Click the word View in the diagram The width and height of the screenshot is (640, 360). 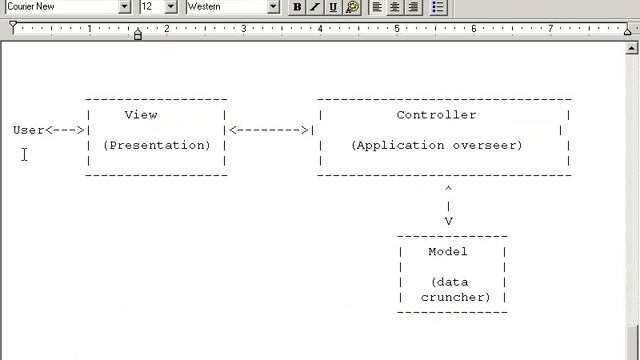141,115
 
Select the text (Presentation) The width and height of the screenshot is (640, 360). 157,145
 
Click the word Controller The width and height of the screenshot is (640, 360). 436,115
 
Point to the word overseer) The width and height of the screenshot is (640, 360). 487,145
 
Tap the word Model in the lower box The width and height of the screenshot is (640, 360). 448,252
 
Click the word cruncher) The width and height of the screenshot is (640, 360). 455,297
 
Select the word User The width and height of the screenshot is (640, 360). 29,130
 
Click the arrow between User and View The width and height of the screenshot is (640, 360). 66,130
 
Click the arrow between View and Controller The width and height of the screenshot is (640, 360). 269,130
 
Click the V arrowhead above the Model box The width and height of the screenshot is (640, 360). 449,222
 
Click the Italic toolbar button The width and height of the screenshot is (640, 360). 315,7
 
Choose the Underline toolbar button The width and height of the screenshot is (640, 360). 333,7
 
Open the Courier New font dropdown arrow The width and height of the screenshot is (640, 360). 125,7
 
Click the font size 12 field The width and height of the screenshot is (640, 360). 149,7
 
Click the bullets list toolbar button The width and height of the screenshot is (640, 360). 438,7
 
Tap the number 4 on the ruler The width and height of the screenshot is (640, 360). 320,29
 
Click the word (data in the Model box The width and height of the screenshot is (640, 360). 448,282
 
